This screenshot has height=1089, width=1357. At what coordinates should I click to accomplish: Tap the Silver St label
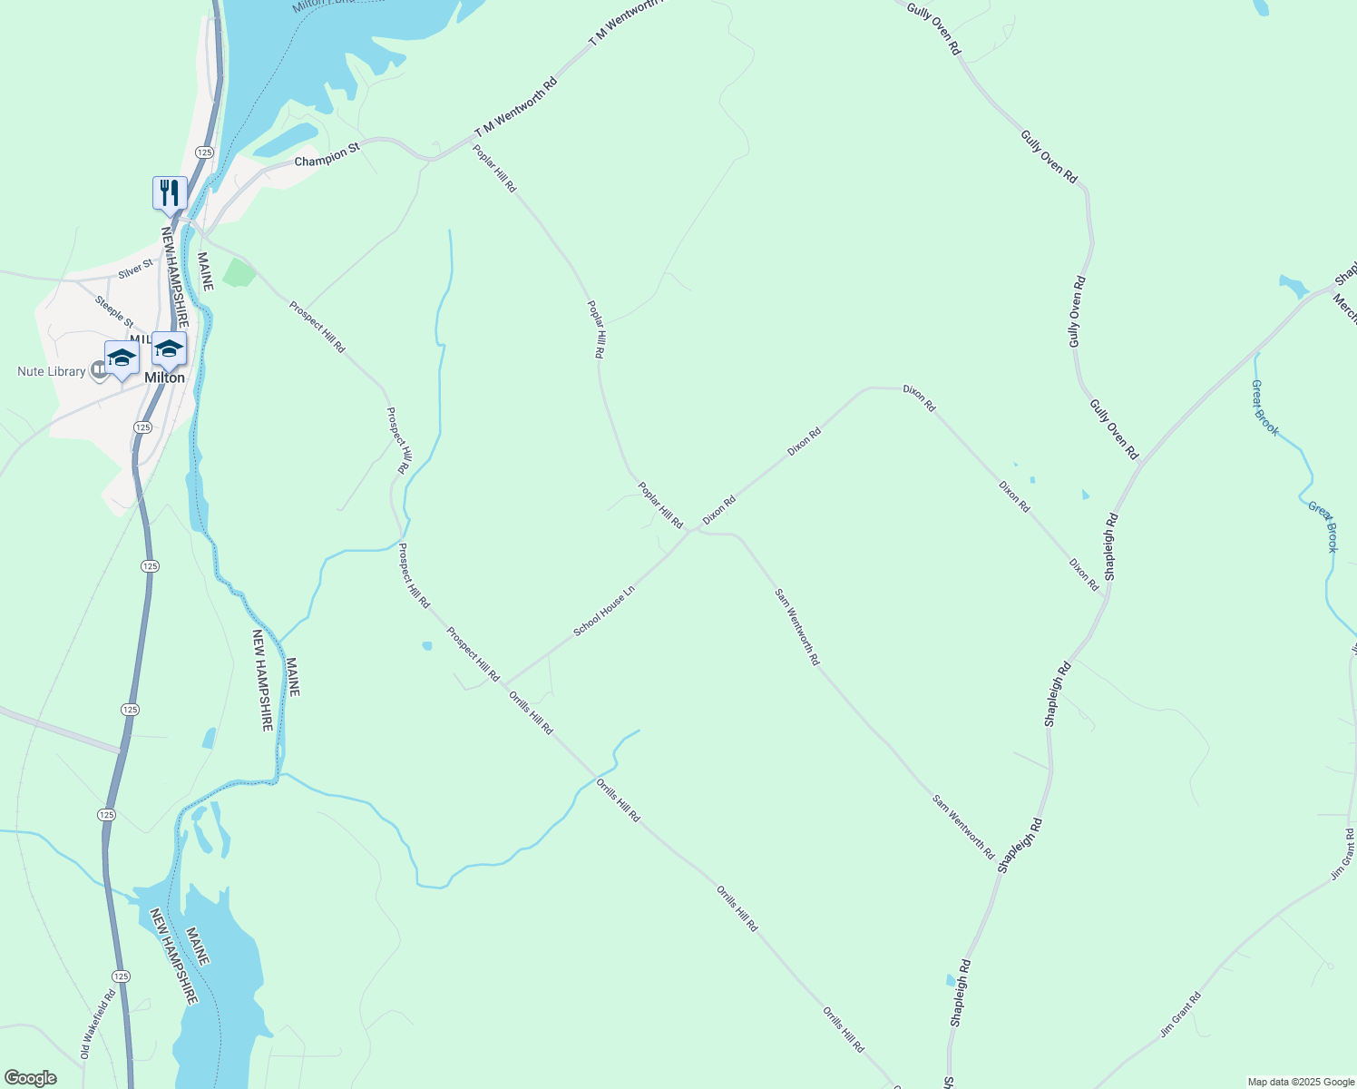pos(136,270)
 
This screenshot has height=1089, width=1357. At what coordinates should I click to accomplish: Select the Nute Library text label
pos(51,372)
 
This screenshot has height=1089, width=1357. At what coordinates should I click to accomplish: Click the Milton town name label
pos(164,378)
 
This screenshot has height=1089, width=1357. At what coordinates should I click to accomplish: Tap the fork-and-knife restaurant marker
pos(170,193)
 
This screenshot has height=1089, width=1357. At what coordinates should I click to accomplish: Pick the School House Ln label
pos(604,611)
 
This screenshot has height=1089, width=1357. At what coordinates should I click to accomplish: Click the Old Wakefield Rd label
pos(98,1024)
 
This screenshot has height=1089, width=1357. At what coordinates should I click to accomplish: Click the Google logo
pos(30,1078)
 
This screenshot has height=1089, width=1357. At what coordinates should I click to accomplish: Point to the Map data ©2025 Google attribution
pos(1300,1082)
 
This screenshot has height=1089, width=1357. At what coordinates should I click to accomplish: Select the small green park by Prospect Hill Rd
pos(239,272)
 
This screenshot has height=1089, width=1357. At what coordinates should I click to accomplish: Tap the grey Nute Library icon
pos(99,371)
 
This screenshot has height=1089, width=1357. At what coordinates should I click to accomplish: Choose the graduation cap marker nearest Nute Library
pos(122,358)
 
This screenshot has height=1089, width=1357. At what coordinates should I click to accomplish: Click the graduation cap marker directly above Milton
pos(169,348)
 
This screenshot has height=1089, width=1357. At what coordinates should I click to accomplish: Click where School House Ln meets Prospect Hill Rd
pos(504,685)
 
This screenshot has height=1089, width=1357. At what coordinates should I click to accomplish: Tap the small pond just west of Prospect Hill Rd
pos(426,646)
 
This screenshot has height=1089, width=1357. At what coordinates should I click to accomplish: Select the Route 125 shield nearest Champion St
pos(204,152)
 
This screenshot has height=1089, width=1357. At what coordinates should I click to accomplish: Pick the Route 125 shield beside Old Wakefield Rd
pos(122,976)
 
